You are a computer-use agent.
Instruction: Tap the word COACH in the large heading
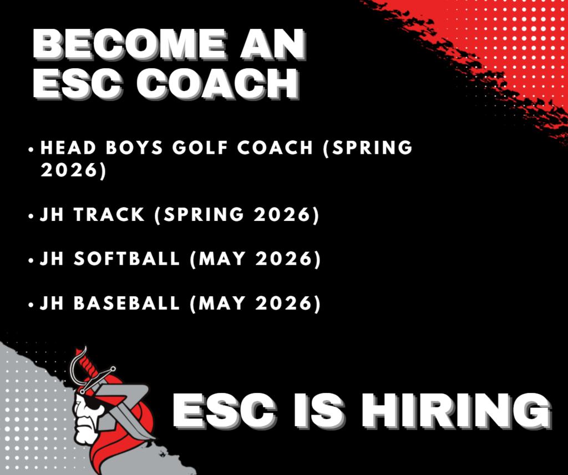217,83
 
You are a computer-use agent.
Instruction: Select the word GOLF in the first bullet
200,148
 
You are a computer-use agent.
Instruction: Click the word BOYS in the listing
134,148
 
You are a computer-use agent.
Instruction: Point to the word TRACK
109,215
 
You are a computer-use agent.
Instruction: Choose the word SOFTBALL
127,259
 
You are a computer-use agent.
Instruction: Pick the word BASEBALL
127,303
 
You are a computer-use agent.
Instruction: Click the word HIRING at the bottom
457,411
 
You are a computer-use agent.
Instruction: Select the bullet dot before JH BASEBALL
31,305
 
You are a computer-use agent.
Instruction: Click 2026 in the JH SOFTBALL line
284,259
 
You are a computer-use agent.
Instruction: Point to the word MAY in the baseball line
222,303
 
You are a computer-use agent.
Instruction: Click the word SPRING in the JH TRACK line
204,215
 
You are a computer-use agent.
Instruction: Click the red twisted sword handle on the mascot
87,365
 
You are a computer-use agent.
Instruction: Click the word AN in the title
272,44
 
